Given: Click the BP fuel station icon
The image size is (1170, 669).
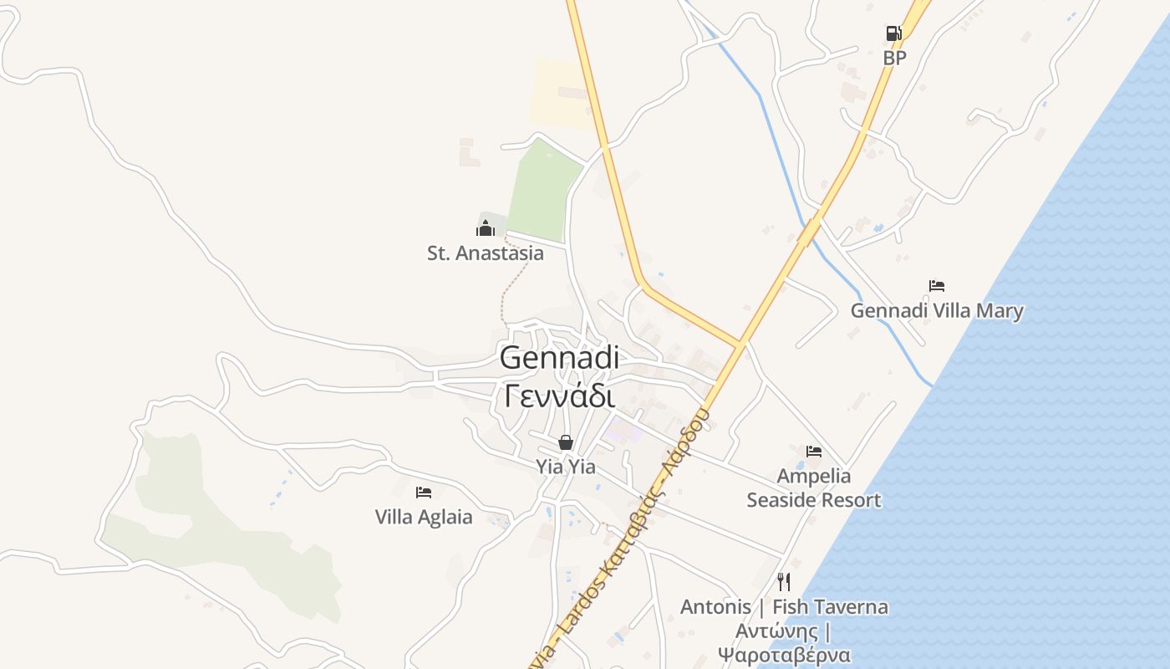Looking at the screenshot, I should (x=893, y=33).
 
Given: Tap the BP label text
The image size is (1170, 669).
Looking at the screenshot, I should (x=894, y=58).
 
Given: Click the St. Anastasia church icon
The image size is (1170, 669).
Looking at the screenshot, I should (x=486, y=227).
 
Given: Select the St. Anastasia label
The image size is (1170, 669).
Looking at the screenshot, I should (x=486, y=253).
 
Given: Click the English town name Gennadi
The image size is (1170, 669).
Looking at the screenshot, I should (x=559, y=358).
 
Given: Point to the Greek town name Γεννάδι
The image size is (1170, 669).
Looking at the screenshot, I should (x=559, y=395).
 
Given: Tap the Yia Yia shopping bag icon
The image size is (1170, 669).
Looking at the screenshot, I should (x=566, y=442).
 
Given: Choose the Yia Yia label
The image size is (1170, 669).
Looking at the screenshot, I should (x=566, y=467).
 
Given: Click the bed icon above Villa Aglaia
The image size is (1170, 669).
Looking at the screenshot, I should (x=424, y=493).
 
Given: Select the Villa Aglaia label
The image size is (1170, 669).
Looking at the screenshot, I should (x=424, y=517).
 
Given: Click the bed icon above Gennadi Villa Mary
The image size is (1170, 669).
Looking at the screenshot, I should (x=937, y=286).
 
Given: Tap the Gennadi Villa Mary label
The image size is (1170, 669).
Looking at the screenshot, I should (x=937, y=311).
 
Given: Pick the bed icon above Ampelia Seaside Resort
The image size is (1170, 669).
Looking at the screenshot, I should (x=814, y=452).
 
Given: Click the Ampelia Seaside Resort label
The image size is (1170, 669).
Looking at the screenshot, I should (x=814, y=488).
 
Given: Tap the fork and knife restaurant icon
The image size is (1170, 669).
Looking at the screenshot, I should (x=784, y=582).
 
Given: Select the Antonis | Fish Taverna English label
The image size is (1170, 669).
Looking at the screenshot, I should (x=784, y=607).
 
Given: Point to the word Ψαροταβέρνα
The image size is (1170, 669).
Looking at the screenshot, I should (x=784, y=655).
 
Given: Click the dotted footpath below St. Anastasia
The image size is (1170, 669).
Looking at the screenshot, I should (x=511, y=284).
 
